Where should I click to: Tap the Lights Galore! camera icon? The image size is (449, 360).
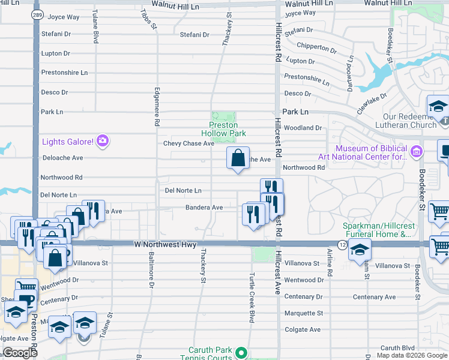(x=103, y=141)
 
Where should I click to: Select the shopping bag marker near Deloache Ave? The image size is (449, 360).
(x=238, y=158)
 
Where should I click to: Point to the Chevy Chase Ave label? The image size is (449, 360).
(x=188, y=143)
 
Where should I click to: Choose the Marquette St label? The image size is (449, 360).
(x=303, y=313)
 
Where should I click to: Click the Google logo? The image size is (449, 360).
(x=19, y=353)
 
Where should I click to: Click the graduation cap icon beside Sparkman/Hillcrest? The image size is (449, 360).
(x=360, y=248)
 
